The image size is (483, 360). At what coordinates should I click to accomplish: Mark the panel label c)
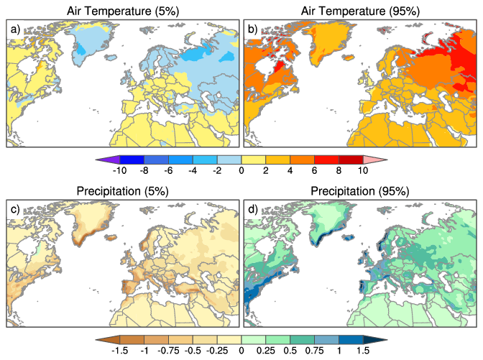tap(15, 208)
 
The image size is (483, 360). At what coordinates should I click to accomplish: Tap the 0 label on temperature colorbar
tap(241, 170)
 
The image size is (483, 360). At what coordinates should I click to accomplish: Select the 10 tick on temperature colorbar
tap(363, 170)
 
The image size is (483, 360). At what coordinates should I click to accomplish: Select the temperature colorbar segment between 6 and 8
tap(326, 158)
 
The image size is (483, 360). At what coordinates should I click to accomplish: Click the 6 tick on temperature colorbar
tap(314, 170)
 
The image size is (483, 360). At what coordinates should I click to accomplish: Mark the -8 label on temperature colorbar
tap(144, 170)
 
